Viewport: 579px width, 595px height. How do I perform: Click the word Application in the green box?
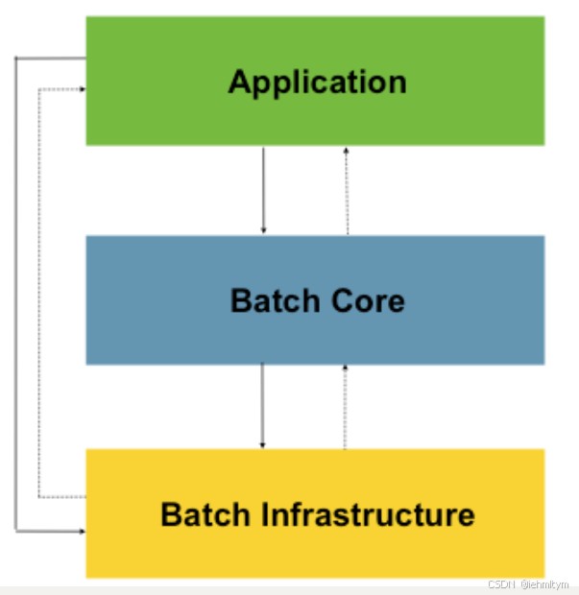317,82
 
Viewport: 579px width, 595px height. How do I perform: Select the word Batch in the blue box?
271,300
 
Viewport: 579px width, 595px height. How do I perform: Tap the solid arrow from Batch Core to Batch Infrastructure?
262,405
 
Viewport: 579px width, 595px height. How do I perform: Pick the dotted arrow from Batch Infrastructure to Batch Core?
345,405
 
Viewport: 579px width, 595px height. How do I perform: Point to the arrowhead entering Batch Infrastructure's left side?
81,529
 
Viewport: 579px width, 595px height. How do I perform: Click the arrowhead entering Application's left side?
81,89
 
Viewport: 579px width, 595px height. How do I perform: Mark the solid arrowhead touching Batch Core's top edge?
263,229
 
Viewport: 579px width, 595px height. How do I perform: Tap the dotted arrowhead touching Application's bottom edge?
347,152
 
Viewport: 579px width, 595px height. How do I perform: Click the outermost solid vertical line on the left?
15,288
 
